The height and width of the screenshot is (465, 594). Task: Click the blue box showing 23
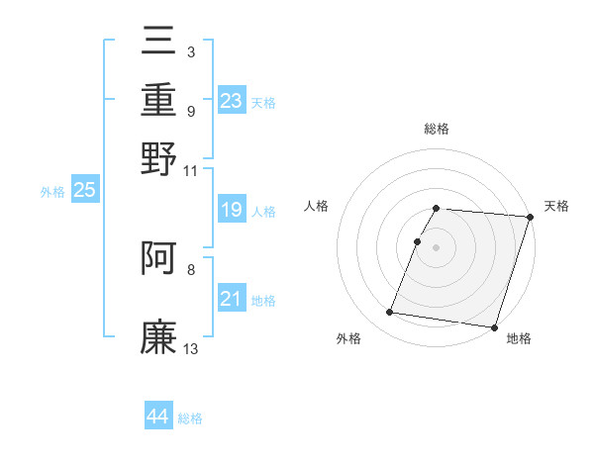pyautogui.click(x=231, y=101)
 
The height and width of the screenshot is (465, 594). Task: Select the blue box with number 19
pyautogui.click(x=231, y=210)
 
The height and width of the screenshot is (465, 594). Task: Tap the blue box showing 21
pyautogui.click(x=231, y=299)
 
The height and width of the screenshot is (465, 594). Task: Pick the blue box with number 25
pyautogui.click(x=84, y=190)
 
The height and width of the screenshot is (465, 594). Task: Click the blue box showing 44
pyautogui.click(x=157, y=417)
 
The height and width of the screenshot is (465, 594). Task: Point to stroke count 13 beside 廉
pyautogui.click(x=191, y=348)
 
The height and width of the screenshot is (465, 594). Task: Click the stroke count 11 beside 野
pyautogui.click(x=191, y=170)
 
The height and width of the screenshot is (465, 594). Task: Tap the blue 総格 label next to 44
pyautogui.click(x=190, y=418)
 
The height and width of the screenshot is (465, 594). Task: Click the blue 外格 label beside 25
pyautogui.click(x=52, y=192)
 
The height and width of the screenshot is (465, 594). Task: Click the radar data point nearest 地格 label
pyautogui.click(x=494, y=326)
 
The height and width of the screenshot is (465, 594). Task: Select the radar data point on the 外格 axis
pyautogui.click(x=390, y=313)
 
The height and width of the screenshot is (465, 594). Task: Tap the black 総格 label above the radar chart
pyautogui.click(x=437, y=129)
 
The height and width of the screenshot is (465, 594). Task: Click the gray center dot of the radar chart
pyautogui.click(x=437, y=246)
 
